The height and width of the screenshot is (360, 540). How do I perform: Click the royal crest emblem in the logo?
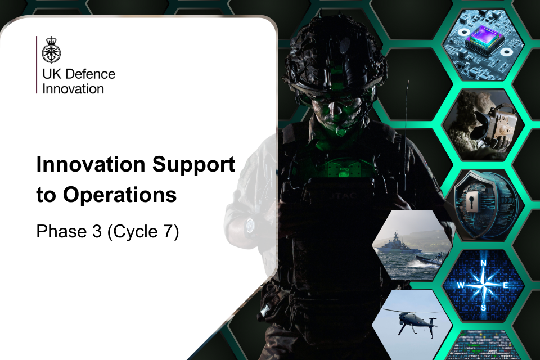tap(51, 51)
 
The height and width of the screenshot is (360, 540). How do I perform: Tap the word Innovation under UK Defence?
tap(73, 88)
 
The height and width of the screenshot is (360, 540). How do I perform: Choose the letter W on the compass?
tap(460, 285)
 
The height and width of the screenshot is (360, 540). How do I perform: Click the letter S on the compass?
tap(483, 307)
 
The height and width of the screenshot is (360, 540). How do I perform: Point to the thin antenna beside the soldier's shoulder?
tap(406, 107)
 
